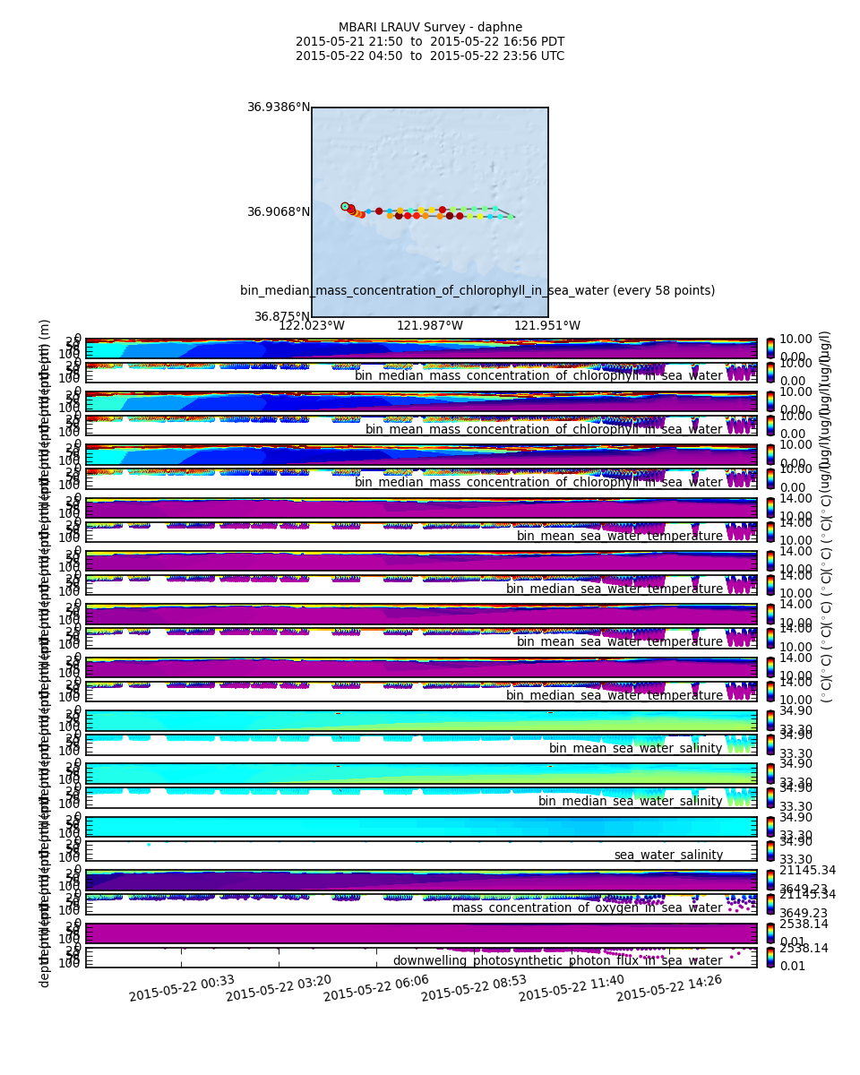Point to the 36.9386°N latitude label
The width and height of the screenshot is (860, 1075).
coord(279,107)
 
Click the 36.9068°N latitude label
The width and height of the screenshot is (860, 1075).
coord(279,212)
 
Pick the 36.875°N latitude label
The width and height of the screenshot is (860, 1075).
coord(281,317)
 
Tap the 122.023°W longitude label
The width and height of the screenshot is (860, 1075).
coord(312,326)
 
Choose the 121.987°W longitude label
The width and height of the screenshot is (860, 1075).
coord(430,326)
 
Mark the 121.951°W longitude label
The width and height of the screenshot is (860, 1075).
coord(547,326)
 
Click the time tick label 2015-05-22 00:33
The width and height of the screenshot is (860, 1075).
coord(182,989)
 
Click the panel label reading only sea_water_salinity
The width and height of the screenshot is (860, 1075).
coord(668,856)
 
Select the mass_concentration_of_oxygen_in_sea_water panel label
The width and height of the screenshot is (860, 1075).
coord(587,908)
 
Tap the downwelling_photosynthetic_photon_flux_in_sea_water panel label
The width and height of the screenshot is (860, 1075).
coord(557,961)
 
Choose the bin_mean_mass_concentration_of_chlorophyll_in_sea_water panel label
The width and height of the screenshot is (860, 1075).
coord(544,429)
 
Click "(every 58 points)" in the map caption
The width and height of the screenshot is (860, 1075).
coord(666,291)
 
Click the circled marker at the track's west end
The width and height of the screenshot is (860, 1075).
coord(345,206)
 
